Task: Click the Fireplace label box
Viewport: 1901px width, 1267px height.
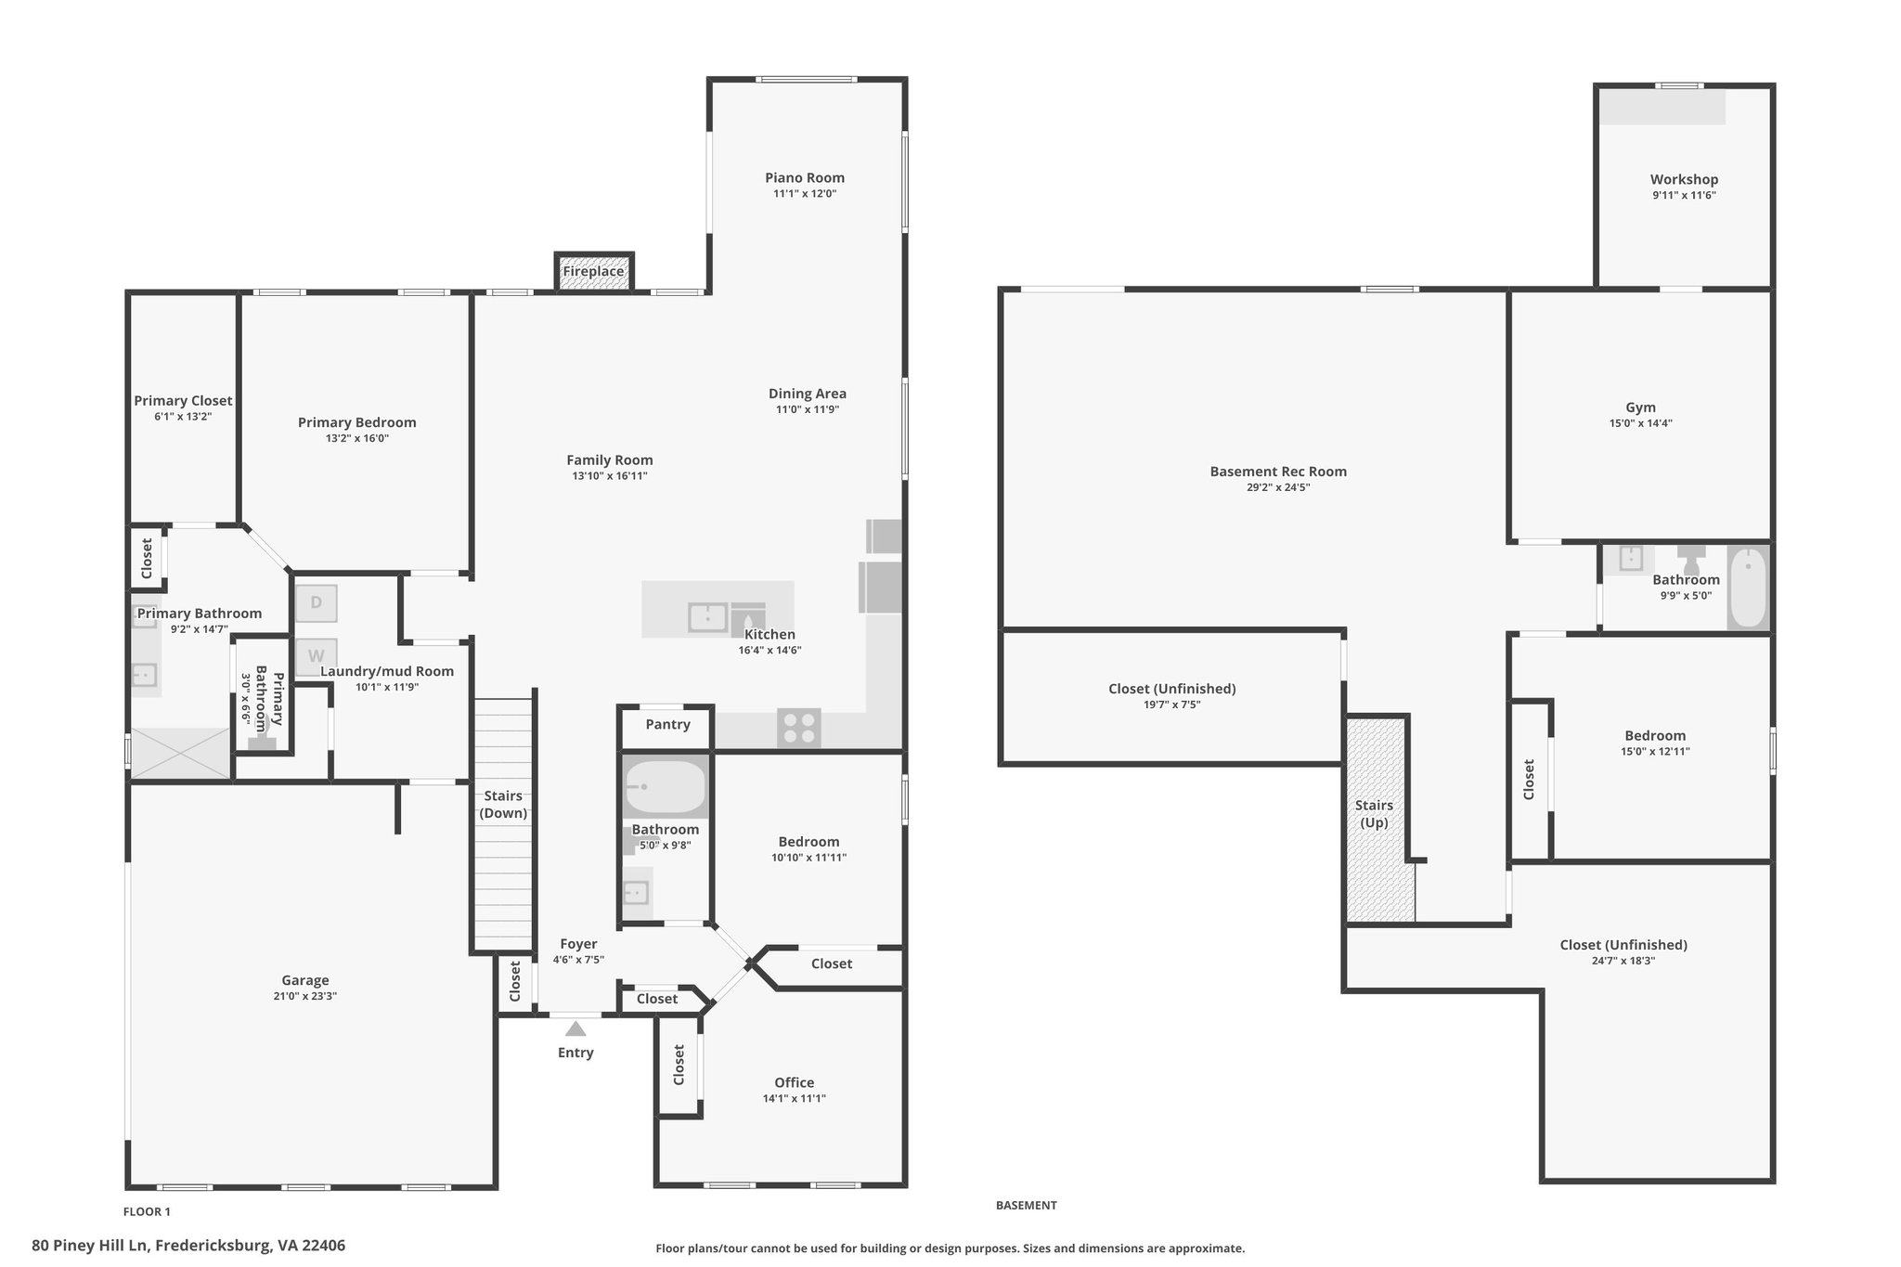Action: (x=594, y=272)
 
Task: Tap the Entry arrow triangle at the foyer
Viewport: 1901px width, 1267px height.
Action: (x=575, y=1028)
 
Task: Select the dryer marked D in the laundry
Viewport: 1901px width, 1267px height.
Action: (x=316, y=602)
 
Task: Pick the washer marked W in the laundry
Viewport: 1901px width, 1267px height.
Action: (x=316, y=656)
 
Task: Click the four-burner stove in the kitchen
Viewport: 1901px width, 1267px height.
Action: (x=799, y=727)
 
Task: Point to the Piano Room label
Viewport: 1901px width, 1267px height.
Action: (x=805, y=177)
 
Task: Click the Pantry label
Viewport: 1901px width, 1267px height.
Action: (x=667, y=724)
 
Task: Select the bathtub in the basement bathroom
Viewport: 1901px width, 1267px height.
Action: (x=1749, y=587)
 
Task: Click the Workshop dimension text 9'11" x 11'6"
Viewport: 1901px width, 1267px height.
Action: (x=1684, y=196)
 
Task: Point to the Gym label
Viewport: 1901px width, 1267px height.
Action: (x=1640, y=407)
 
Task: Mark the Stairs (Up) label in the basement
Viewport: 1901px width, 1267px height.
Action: (x=1374, y=814)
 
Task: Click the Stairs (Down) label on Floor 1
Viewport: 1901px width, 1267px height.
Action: (x=503, y=805)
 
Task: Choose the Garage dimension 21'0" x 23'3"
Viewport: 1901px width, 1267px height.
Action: (x=305, y=996)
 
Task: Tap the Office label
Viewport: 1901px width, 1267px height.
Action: (x=795, y=1082)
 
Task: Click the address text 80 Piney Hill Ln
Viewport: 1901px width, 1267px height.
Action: (x=90, y=1246)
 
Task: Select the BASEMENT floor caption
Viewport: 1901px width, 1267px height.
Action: (x=1026, y=1205)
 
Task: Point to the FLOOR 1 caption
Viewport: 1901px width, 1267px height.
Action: (x=148, y=1211)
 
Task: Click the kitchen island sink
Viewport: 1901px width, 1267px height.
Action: (x=707, y=617)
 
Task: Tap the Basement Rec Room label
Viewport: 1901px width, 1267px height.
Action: (x=1278, y=472)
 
